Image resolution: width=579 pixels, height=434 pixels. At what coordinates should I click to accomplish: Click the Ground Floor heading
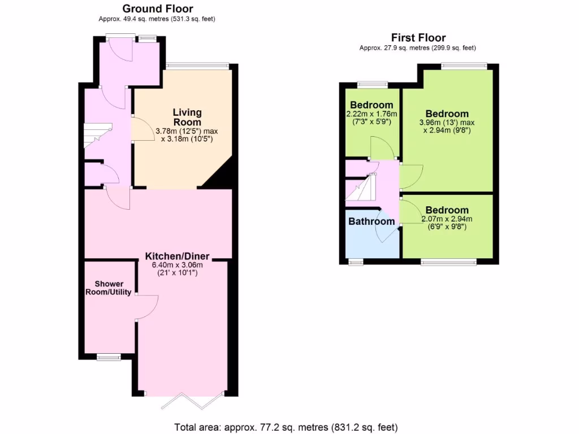pos(158,8)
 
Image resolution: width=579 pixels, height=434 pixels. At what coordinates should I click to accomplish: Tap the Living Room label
pos(187,117)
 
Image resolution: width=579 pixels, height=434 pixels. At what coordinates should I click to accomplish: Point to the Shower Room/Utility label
pos(109,288)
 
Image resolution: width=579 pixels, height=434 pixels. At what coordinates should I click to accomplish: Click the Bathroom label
pos(371,222)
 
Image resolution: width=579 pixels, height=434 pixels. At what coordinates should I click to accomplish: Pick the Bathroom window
pos(355,262)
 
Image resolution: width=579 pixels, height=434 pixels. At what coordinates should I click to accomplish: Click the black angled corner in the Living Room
pos(220,175)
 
